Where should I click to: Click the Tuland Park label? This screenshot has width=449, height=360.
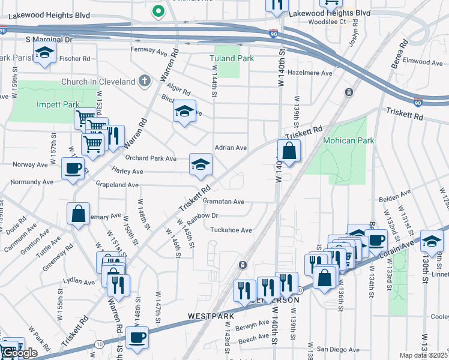[x=231, y=58]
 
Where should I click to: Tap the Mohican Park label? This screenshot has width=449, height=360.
[x=348, y=141]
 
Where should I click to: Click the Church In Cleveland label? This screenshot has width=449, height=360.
[x=98, y=82]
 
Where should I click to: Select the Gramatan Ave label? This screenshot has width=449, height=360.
[x=223, y=202]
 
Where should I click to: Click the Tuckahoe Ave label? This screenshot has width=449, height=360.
[x=231, y=230]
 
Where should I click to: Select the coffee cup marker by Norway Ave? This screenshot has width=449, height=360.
[x=73, y=168]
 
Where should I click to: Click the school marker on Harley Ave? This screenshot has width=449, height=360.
[x=200, y=164]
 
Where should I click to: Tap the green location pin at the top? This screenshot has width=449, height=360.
[x=158, y=10]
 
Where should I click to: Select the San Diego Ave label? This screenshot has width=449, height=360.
[x=338, y=349]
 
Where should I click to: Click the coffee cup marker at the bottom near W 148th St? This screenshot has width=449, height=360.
[x=137, y=337]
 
